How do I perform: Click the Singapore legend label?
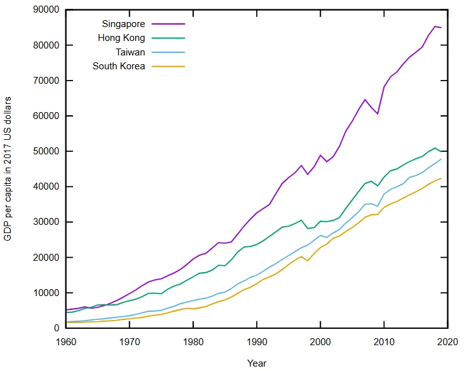click(123, 24)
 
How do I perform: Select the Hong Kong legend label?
click(121, 38)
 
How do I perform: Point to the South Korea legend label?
click(119, 66)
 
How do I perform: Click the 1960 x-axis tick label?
click(65, 341)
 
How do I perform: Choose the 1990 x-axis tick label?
click(256, 341)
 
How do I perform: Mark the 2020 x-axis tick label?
click(447, 341)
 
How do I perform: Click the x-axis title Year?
click(256, 363)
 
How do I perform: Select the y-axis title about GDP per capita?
click(8, 169)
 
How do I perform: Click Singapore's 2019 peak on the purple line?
click(434, 26)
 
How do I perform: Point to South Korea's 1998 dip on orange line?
click(307, 260)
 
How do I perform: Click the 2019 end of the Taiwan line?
click(440, 159)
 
